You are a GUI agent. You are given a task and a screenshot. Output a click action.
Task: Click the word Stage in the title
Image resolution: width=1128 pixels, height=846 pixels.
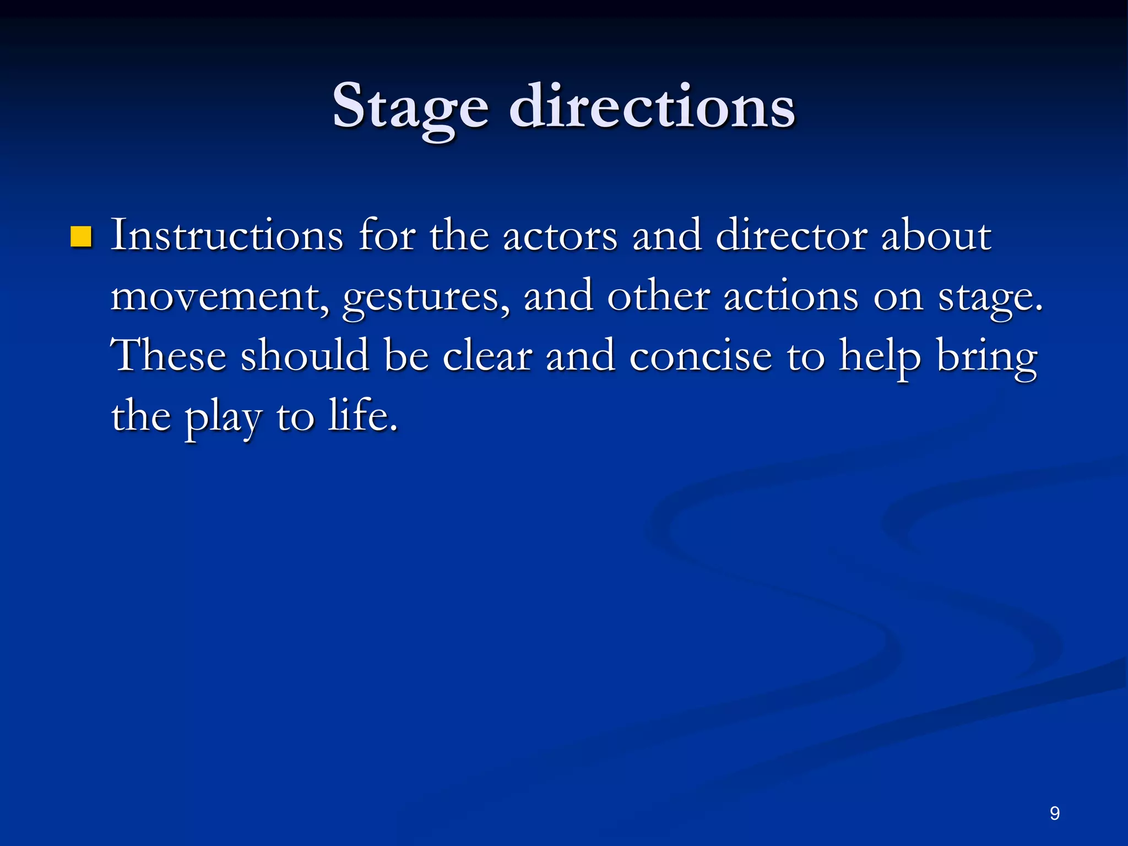click(x=410, y=107)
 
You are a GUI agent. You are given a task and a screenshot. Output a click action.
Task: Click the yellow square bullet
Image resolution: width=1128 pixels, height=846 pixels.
click(x=81, y=237)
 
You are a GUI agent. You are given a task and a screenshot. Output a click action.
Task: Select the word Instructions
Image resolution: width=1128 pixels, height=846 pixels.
click(x=227, y=236)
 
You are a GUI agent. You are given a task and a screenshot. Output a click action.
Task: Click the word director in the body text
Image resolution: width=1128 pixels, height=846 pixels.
click(x=791, y=236)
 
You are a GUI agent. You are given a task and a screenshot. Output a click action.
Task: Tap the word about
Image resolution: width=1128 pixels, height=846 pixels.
click(x=936, y=236)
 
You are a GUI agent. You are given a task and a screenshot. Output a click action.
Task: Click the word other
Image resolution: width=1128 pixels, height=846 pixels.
click(x=658, y=296)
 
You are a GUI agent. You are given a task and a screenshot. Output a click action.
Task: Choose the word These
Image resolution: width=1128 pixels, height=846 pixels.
click(x=169, y=356)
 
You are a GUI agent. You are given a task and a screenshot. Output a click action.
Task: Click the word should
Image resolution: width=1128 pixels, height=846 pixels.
click(x=305, y=356)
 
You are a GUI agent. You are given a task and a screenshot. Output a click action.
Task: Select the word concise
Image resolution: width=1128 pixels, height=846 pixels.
click(x=701, y=356)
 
